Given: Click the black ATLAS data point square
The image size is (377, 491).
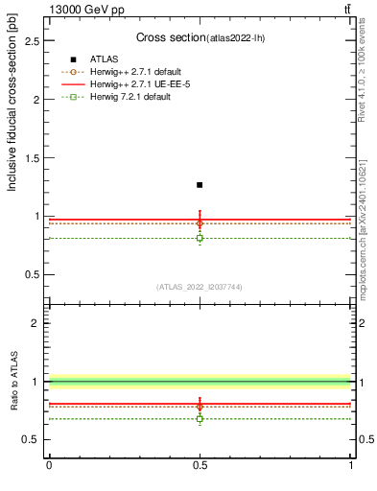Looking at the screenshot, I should pos(200,184).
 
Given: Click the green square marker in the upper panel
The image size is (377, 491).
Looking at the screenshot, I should pos(200,238).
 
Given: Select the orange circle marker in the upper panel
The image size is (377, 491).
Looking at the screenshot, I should pos(200,223).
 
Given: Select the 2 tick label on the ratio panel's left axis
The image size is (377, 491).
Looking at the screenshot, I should pos(35,323).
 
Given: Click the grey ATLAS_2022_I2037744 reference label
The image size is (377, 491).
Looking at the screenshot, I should pos(200,287).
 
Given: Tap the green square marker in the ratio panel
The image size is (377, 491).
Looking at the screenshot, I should pos(200,418).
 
